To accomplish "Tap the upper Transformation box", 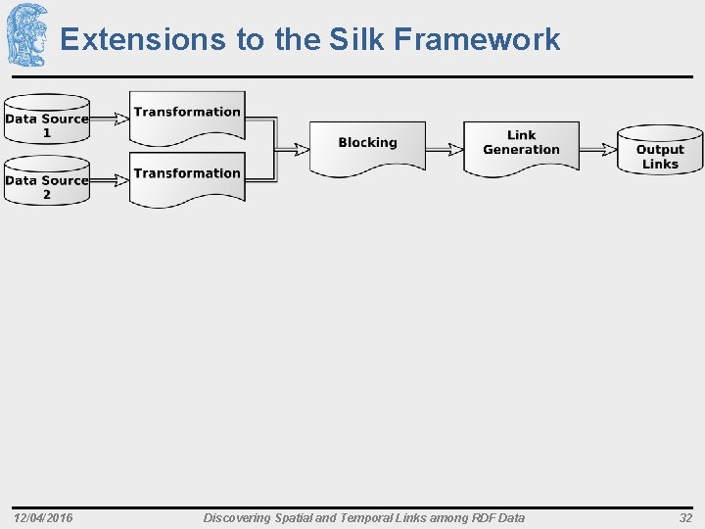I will (187, 117).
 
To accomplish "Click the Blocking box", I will (367, 146).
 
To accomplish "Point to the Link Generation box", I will (521, 145).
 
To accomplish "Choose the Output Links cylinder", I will (660, 151).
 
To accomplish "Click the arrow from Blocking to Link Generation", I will (445, 149).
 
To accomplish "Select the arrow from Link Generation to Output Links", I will (597, 149).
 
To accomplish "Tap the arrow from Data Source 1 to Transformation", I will (109, 120).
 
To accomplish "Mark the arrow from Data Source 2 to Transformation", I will (109, 180).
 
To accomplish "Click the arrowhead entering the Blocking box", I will (301, 149).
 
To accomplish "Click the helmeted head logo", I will (26, 35).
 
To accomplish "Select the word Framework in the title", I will (477, 39).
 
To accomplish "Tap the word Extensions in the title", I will (143, 39).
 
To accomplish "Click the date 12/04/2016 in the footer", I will (43, 517).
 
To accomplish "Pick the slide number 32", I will (685, 517).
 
